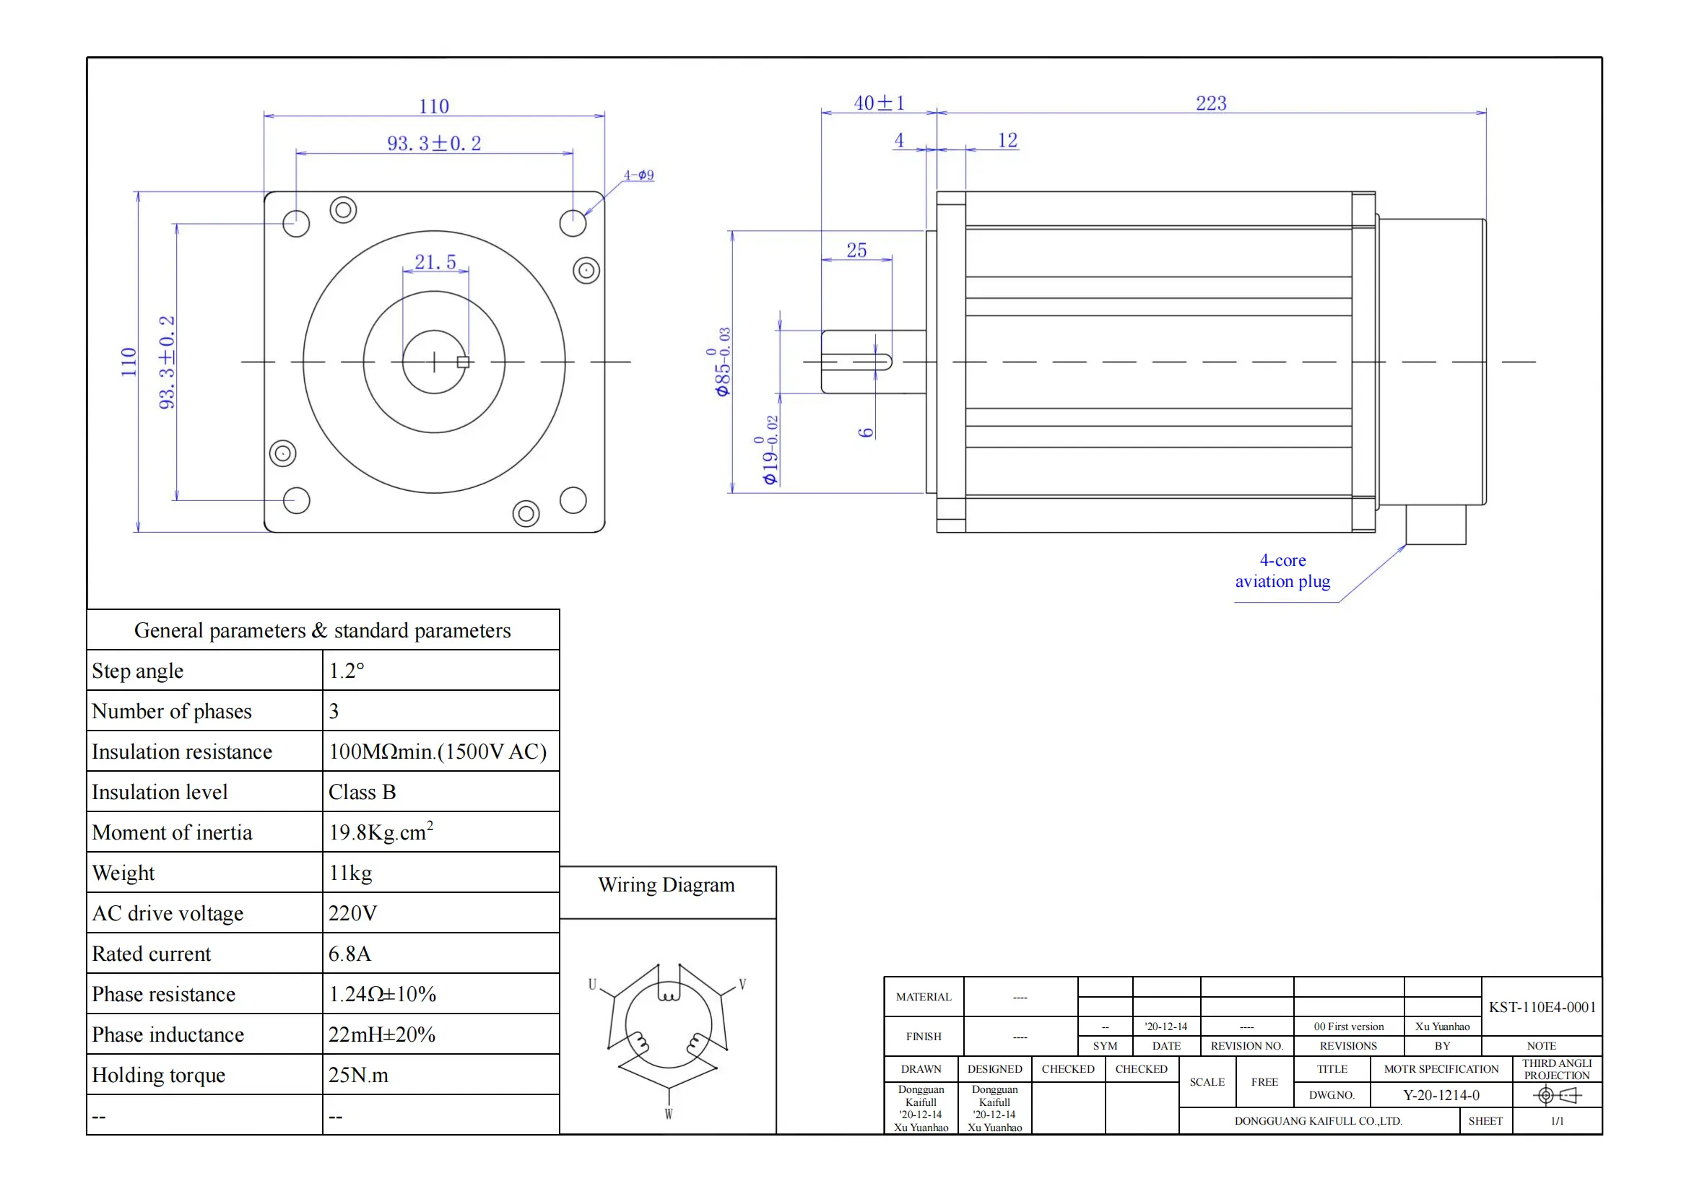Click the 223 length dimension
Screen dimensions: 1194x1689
[1210, 104]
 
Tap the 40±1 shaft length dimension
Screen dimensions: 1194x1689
[878, 104]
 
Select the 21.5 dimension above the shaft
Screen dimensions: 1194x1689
[435, 263]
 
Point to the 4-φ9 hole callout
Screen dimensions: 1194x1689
[638, 175]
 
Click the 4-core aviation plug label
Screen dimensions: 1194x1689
[1282, 571]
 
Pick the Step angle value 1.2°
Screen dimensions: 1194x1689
[347, 671]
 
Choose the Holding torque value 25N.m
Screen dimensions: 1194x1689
[357, 1076]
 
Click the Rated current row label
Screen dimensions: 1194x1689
[152, 954]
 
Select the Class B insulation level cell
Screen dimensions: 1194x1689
[362, 793]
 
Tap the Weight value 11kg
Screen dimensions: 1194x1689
[350, 873]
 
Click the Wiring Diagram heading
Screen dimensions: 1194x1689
[667, 885]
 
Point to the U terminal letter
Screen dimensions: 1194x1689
[592, 985]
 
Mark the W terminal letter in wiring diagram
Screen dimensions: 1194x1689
[668, 1114]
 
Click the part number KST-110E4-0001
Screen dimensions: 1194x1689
[1542, 1007]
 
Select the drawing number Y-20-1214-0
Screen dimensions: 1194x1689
[1441, 1096]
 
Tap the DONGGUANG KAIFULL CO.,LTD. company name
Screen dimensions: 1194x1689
[1319, 1121]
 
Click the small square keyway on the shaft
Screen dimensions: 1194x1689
[464, 362]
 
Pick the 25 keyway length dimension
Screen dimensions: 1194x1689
[856, 250]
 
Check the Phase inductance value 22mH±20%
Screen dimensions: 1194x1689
[382, 1035]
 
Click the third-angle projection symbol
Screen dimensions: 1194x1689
[1557, 1097]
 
